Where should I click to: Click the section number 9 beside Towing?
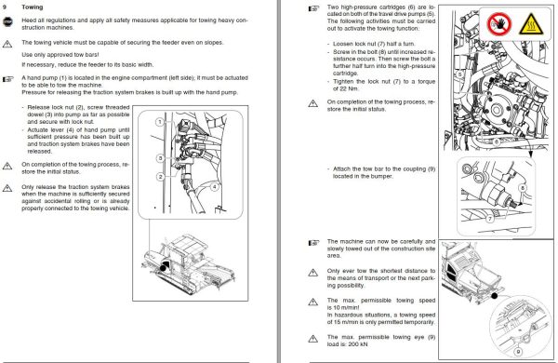(9, 7)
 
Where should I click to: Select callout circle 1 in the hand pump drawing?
(159, 121)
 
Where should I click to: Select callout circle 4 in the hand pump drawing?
(215, 185)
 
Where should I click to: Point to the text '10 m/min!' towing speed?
(342, 313)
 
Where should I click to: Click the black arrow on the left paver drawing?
(165, 266)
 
